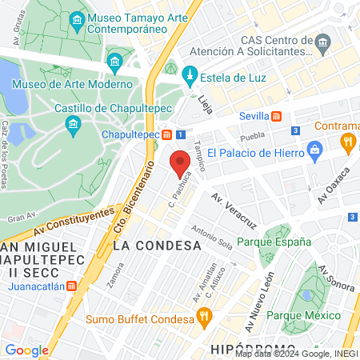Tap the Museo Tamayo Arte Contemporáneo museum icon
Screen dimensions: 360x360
click(x=77, y=18)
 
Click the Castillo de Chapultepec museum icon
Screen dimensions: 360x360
click(x=74, y=124)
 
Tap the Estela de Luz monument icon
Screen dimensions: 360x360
click(x=190, y=76)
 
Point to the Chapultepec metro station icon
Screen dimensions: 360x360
click(x=166, y=134)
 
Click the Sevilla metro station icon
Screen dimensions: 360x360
click(x=277, y=115)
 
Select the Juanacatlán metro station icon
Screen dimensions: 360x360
click(x=72, y=286)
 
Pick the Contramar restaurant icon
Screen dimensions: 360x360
click(x=347, y=142)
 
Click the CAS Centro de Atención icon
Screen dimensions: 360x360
click(x=323, y=41)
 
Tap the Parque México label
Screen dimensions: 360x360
click(x=305, y=314)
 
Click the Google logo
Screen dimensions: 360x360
click(x=26, y=350)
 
